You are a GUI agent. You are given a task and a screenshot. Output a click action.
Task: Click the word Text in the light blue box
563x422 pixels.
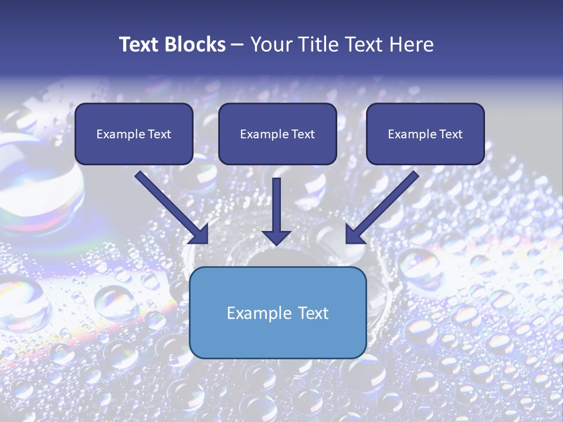click(x=314, y=313)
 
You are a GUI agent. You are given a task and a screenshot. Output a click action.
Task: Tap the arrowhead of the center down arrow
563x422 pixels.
click(x=276, y=237)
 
